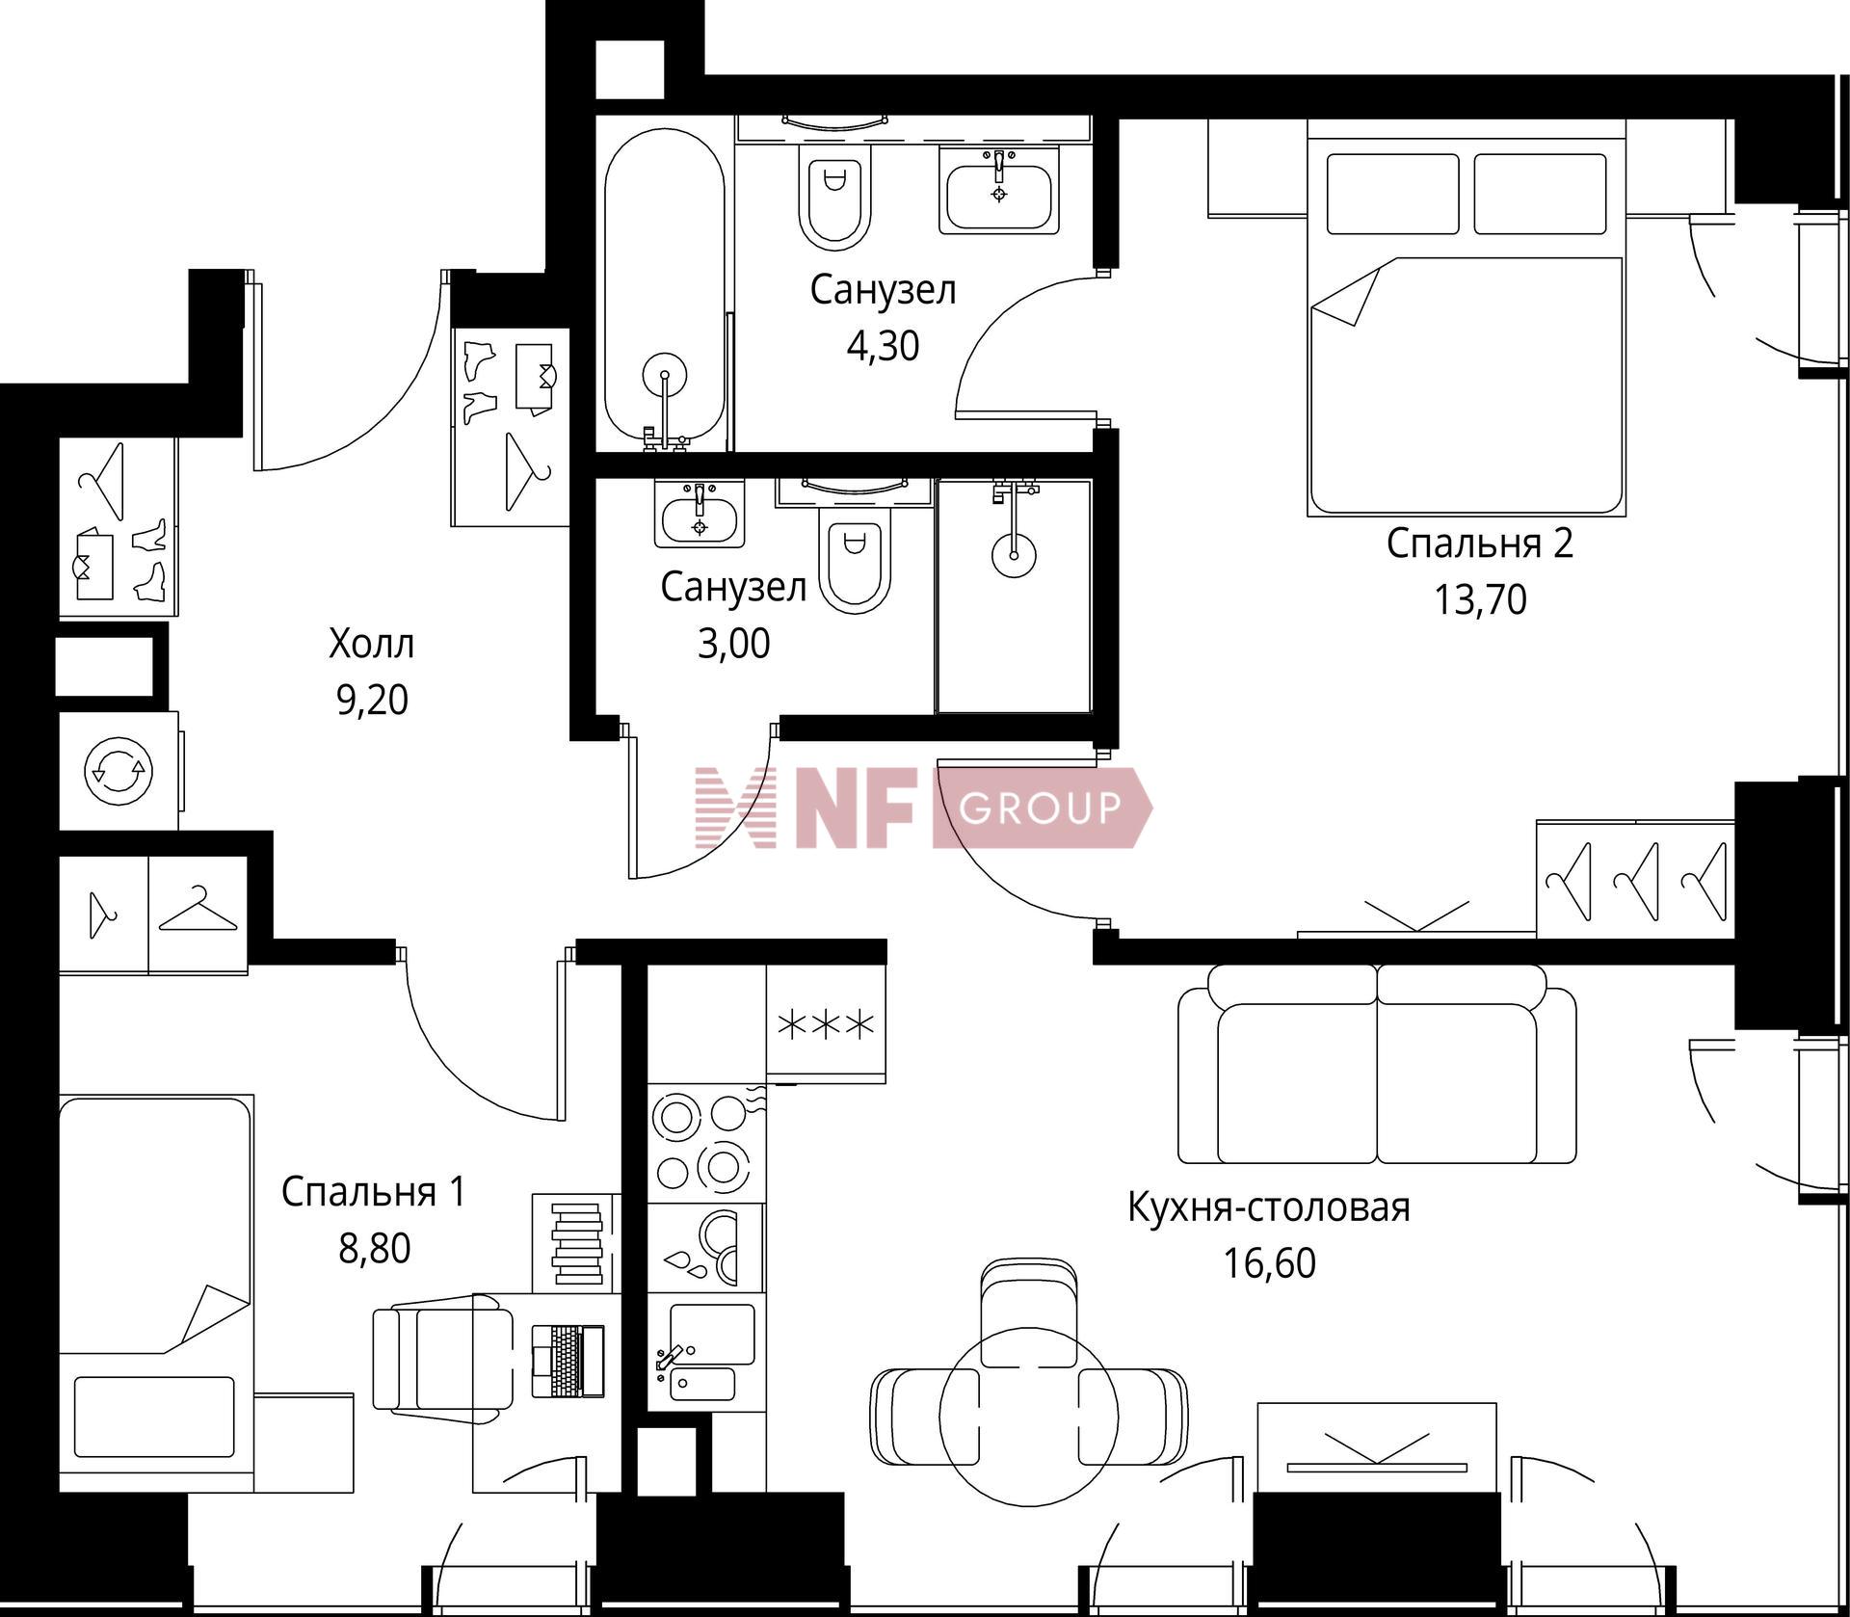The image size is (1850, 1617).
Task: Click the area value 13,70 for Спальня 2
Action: (1480, 600)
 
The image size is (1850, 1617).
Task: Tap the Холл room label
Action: (372, 644)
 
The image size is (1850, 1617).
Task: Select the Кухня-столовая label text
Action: (1269, 1207)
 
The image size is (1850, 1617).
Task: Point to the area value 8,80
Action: (374, 1249)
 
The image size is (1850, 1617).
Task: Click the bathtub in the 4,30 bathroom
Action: (664, 289)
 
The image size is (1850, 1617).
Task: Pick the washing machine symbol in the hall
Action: (119, 771)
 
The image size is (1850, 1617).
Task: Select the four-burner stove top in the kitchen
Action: (705, 1143)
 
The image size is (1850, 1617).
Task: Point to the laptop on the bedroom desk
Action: (568, 1361)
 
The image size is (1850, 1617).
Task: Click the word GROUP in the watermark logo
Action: (1041, 808)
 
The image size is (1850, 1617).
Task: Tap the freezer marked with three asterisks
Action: (826, 1023)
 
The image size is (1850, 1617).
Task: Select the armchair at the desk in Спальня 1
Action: (443, 1360)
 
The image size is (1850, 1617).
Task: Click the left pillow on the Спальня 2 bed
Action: (1393, 194)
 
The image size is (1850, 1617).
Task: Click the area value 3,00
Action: (733, 644)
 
